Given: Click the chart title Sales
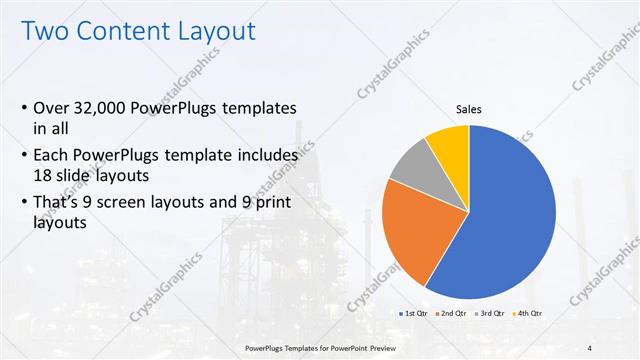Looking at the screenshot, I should (x=469, y=108).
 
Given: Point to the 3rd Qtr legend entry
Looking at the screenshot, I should (x=489, y=314).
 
